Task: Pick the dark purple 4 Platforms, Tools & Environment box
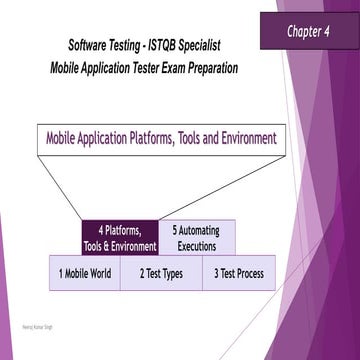[x=120, y=238]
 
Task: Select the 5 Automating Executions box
[x=197, y=238]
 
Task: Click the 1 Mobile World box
[x=85, y=273]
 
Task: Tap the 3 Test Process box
[x=238, y=273]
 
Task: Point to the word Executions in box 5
[x=197, y=246]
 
